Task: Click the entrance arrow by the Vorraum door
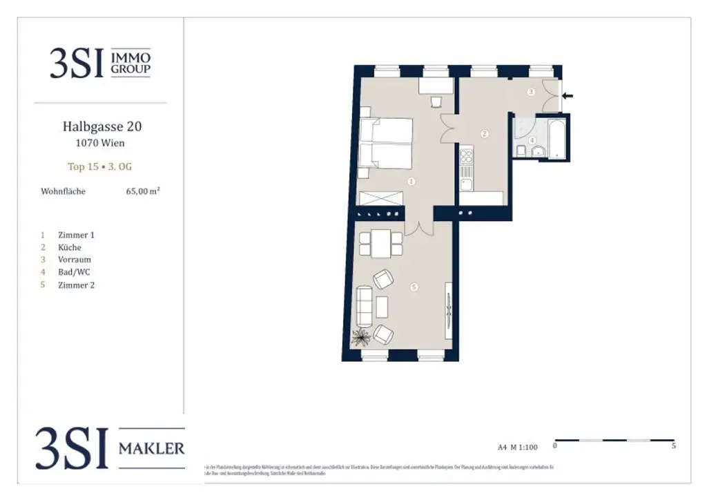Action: point(568,96)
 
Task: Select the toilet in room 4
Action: point(521,150)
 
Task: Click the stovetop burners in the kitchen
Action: point(466,154)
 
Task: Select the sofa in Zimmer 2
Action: point(363,307)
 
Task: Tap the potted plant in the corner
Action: point(360,338)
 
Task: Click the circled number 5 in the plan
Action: point(414,287)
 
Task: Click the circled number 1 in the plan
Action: point(411,182)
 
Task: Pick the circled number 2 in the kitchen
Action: point(485,133)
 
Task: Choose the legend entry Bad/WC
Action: point(73,272)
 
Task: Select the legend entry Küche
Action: point(69,247)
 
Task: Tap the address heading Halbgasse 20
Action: point(101,127)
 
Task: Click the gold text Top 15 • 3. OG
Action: point(101,166)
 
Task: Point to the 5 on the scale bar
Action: point(673,446)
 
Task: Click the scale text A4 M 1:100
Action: point(518,447)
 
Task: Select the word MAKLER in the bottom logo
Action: point(151,449)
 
